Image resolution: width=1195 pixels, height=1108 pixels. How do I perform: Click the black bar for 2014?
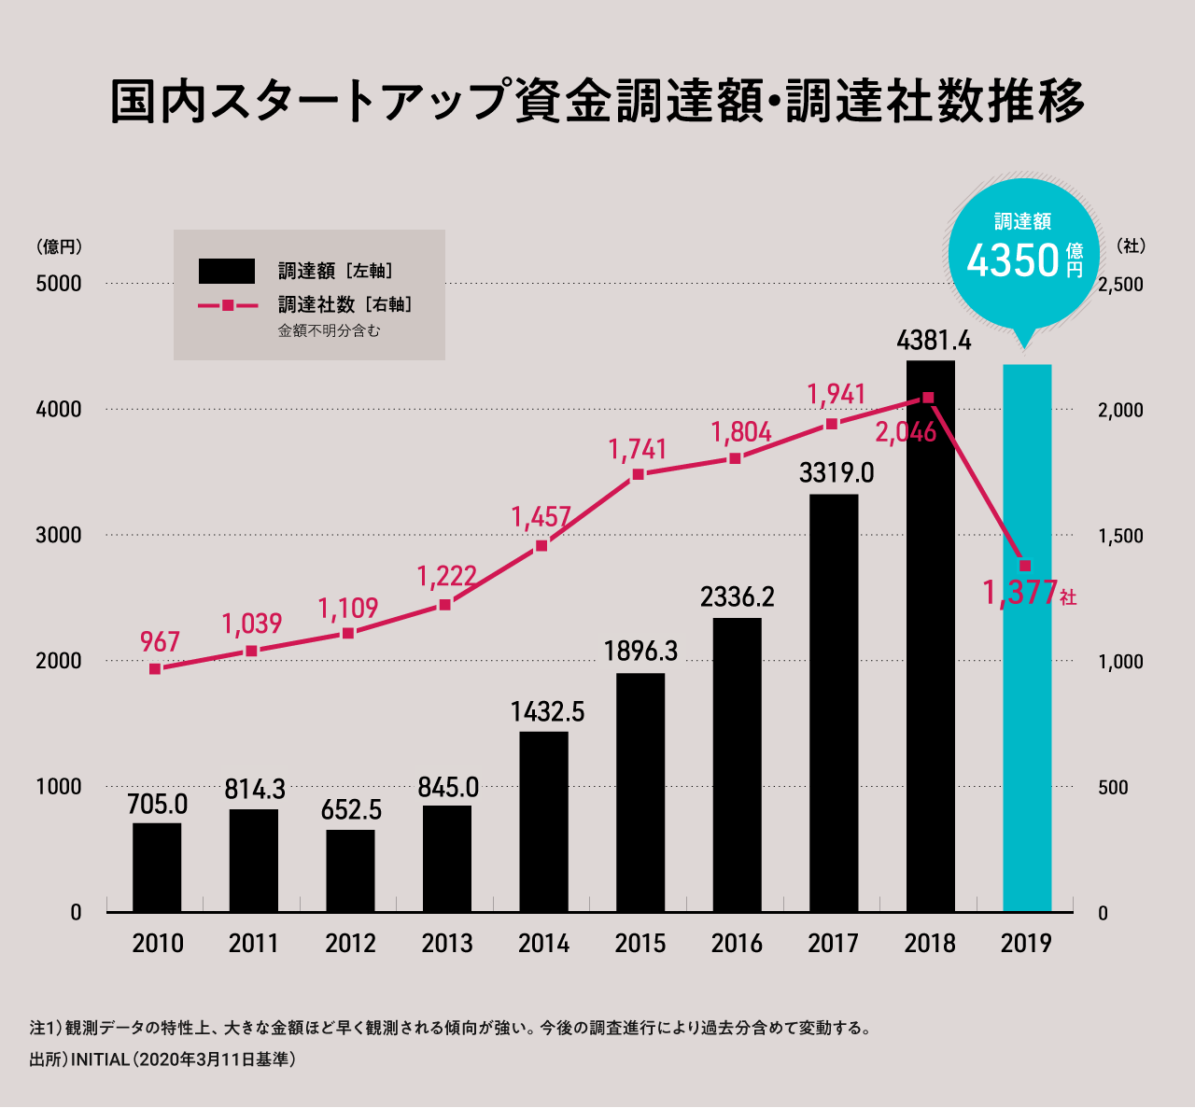coord(543,821)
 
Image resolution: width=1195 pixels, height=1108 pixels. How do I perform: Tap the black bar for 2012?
coord(350,870)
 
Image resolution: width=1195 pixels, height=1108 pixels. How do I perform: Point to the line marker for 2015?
coord(639,474)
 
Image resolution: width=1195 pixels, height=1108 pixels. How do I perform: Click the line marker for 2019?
coord(1025,566)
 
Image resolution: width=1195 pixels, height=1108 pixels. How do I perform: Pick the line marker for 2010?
coord(155,668)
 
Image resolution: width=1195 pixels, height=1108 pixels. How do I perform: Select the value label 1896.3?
coord(640,651)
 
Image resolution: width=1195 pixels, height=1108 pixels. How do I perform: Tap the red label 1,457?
coord(541,517)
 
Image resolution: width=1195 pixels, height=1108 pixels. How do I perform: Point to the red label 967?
coord(160,642)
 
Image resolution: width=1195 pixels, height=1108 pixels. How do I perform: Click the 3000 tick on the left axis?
coord(59,536)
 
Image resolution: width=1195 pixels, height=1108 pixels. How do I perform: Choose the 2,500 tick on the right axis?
coord(1120,285)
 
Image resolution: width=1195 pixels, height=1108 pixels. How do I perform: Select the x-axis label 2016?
coord(737,944)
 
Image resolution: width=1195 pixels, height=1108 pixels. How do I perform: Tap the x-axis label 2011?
coord(254,944)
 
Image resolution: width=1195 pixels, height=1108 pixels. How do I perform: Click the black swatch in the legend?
coord(227,272)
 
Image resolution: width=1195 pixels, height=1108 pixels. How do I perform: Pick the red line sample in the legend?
coord(227,305)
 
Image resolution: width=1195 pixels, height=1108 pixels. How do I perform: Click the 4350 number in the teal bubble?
coord(1013,260)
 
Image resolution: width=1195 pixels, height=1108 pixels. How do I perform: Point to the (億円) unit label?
coord(60,247)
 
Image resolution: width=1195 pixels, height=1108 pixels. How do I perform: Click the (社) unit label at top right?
coord(1131,246)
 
